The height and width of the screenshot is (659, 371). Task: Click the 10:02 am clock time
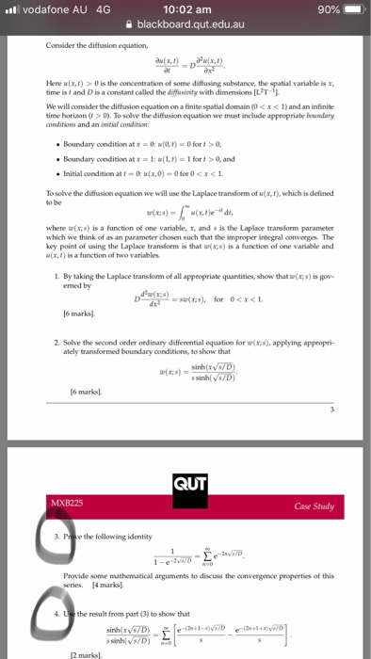(x=185, y=9)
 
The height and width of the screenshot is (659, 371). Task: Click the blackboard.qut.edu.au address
(x=191, y=27)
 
